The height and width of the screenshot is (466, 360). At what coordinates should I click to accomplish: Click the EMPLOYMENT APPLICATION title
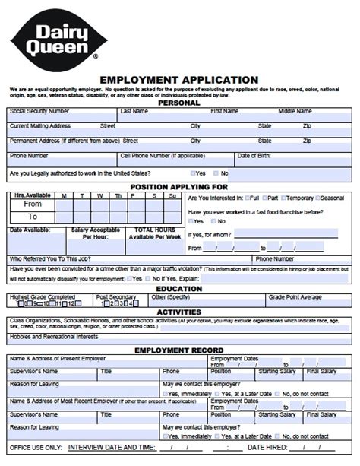pyautogui.click(x=179, y=79)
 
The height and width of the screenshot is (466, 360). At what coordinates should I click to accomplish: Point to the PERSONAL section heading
pyautogui.click(x=179, y=103)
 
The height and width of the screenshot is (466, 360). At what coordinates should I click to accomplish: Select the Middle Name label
pyautogui.click(x=295, y=111)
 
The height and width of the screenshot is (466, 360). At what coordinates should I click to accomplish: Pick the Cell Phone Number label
pyautogui.click(x=162, y=156)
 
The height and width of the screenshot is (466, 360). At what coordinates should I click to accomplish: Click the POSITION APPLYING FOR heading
pyautogui.click(x=179, y=186)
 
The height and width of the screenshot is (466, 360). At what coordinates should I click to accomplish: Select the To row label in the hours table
pyautogui.click(x=33, y=217)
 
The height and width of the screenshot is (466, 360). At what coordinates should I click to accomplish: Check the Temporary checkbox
pyautogui.click(x=282, y=198)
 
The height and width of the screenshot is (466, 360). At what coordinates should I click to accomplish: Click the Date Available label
pyautogui.click(x=30, y=229)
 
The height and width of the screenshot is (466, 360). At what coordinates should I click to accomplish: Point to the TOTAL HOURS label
pyautogui.click(x=154, y=229)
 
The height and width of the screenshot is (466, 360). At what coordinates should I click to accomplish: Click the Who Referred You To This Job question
pyautogui.click(x=51, y=258)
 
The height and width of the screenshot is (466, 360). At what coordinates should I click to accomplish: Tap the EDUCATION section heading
pyautogui.click(x=179, y=289)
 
